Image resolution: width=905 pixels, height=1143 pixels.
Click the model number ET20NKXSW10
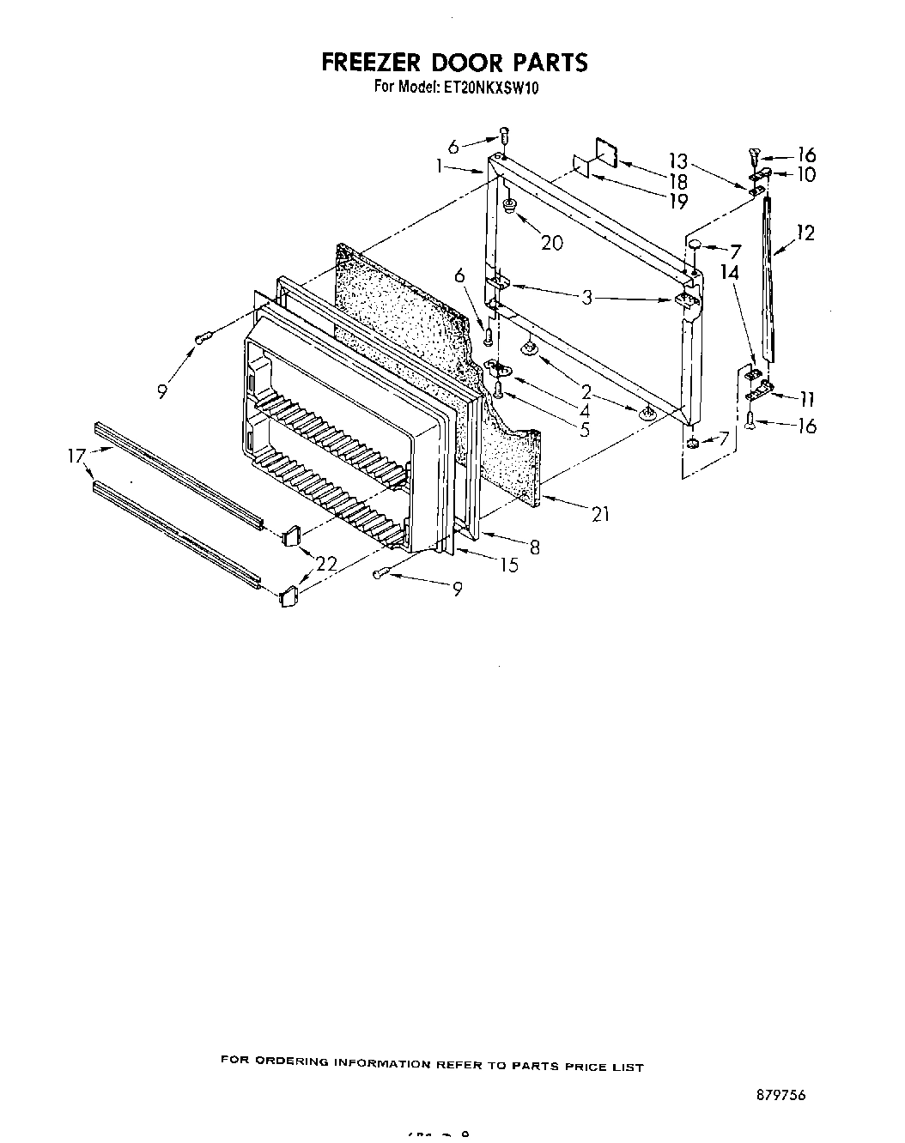pyautogui.click(x=490, y=87)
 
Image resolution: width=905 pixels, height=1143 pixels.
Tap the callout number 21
pyautogui.click(x=600, y=514)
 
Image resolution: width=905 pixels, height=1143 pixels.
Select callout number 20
pyautogui.click(x=551, y=243)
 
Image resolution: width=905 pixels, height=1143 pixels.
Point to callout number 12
pyautogui.click(x=805, y=233)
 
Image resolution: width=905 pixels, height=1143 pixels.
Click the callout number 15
pyautogui.click(x=509, y=565)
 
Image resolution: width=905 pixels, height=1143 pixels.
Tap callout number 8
pyautogui.click(x=534, y=546)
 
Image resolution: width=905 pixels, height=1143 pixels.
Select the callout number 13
pyautogui.click(x=678, y=160)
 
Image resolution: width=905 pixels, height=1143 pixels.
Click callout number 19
pyautogui.click(x=677, y=203)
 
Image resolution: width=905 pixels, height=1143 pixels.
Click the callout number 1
pyautogui.click(x=440, y=167)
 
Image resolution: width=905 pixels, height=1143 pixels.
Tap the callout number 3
pyautogui.click(x=586, y=298)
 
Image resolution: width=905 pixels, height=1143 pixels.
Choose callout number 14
pyautogui.click(x=730, y=273)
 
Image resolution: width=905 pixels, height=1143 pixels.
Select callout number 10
pyautogui.click(x=805, y=175)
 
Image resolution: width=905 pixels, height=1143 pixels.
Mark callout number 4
pyautogui.click(x=585, y=410)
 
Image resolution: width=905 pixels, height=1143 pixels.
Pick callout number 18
pyautogui.click(x=677, y=181)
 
